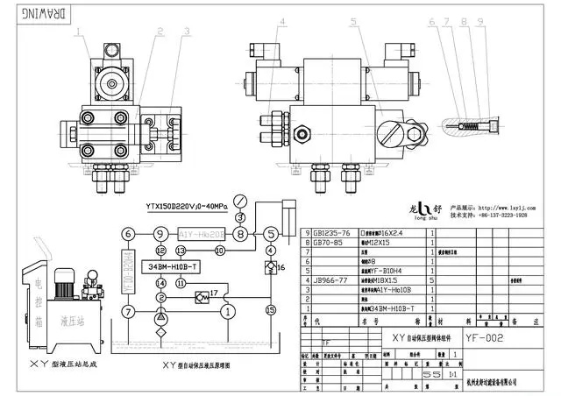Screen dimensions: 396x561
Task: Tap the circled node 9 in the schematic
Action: point(159,234)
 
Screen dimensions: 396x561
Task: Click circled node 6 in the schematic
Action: point(128,234)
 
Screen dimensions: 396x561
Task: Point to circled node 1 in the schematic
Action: point(228,310)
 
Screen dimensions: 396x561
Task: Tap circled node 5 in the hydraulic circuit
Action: point(271,234)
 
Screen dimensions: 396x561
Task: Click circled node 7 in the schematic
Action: point(128,311)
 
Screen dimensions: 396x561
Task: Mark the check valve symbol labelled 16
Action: point(270,266)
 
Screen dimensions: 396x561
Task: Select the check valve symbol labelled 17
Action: point(202,297)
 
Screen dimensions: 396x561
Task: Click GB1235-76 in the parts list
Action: point(330,234)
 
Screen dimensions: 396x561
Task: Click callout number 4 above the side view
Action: point(282,22)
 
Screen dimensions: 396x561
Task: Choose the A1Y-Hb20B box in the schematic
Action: point(200,234)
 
